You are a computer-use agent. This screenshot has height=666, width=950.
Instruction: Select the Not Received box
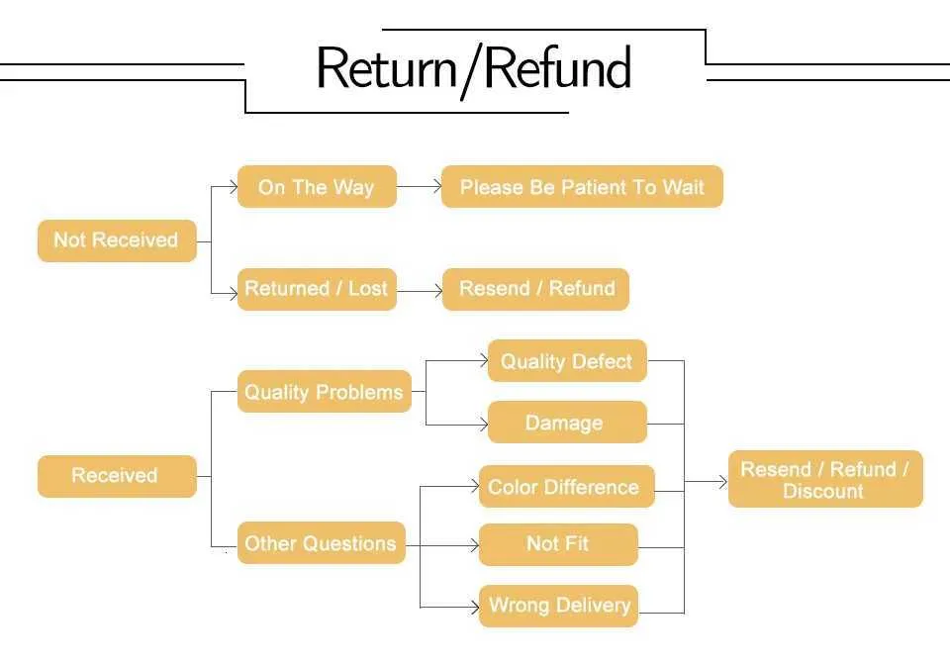117,240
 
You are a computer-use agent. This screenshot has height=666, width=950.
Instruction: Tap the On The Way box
317,187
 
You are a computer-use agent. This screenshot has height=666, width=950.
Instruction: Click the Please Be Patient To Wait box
582,187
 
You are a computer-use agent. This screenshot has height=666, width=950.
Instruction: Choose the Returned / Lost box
317,289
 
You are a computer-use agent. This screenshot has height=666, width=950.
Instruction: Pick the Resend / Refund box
535,289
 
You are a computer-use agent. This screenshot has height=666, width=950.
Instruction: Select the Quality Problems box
324,392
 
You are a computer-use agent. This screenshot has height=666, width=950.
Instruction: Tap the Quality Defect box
566,361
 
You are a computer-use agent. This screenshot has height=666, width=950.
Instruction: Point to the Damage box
566,423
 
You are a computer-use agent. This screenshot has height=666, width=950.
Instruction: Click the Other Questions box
321,543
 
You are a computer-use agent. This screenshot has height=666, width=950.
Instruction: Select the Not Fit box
558,543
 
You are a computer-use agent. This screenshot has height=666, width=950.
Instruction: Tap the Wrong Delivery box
558,606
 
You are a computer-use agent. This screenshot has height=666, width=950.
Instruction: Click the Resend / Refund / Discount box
824,480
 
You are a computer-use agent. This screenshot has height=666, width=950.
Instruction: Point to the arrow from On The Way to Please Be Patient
419,186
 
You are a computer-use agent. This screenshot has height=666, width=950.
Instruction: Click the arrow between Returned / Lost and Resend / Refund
419,290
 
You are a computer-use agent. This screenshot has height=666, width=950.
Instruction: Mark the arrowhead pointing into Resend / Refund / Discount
721,481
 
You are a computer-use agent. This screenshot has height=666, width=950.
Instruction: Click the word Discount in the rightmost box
823,492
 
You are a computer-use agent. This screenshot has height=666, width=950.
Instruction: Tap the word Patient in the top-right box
598,187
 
